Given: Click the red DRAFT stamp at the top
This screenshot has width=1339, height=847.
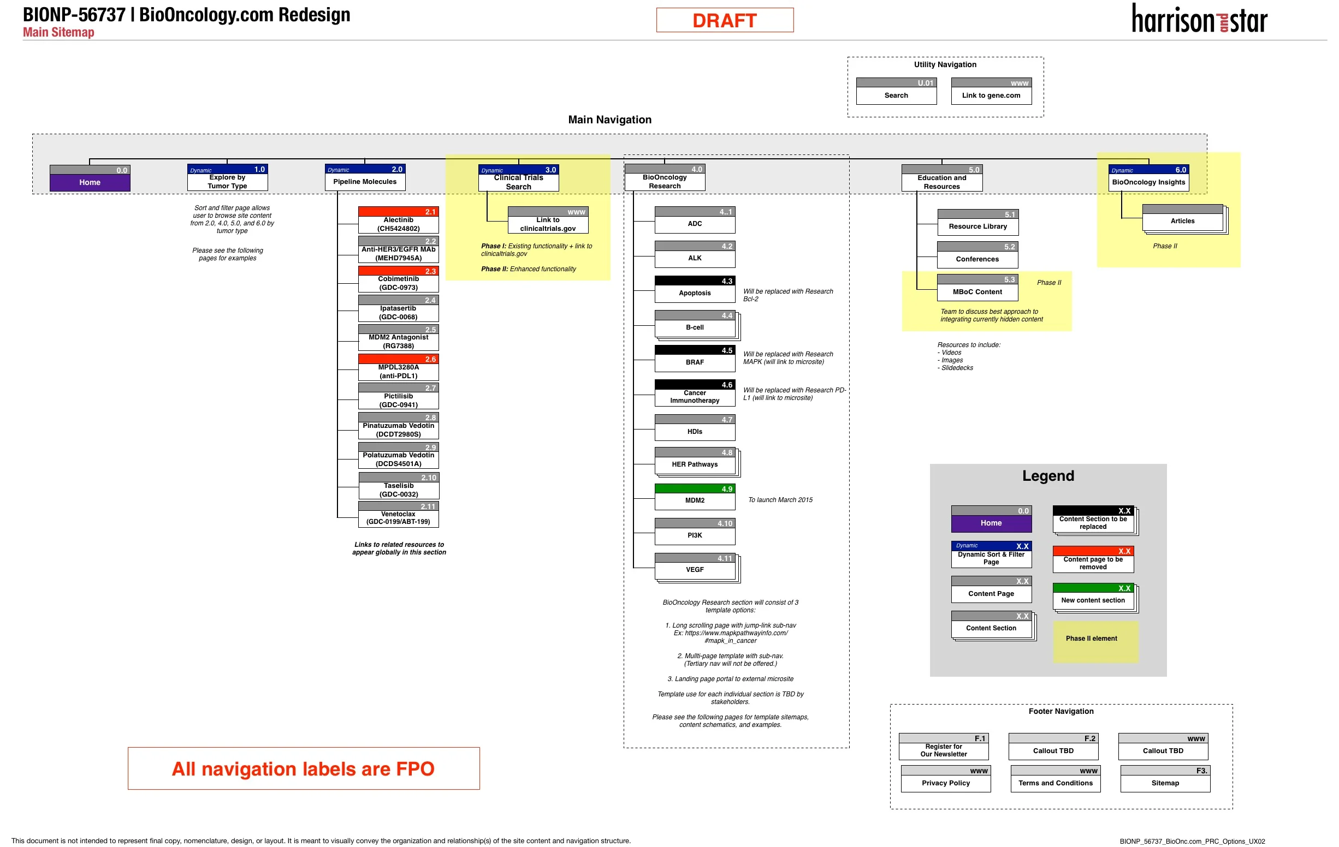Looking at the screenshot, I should point(725,21).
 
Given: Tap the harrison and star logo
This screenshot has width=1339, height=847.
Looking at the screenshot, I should point(1199,20).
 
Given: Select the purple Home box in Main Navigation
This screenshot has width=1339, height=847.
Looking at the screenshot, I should point(90,182).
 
